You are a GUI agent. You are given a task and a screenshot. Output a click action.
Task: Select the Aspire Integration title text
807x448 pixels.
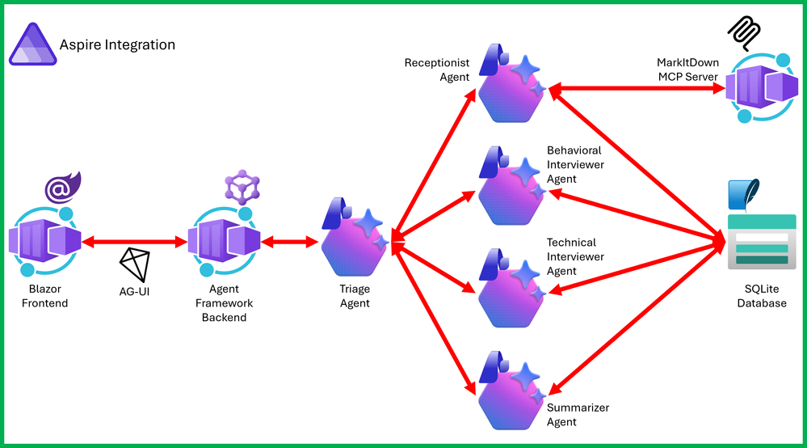click(x=117, y=44)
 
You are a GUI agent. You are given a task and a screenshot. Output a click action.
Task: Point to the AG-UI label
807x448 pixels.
click(x=134, y=290)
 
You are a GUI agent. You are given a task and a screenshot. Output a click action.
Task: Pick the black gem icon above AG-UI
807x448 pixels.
click(x=134, y=264)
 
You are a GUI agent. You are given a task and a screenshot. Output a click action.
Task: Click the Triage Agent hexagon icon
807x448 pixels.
click(x=353, y=238)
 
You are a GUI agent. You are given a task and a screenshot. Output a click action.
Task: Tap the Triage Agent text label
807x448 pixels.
click(x=355, y=297)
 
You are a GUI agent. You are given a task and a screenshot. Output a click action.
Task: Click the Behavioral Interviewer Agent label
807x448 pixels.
click(x=575, y=164)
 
